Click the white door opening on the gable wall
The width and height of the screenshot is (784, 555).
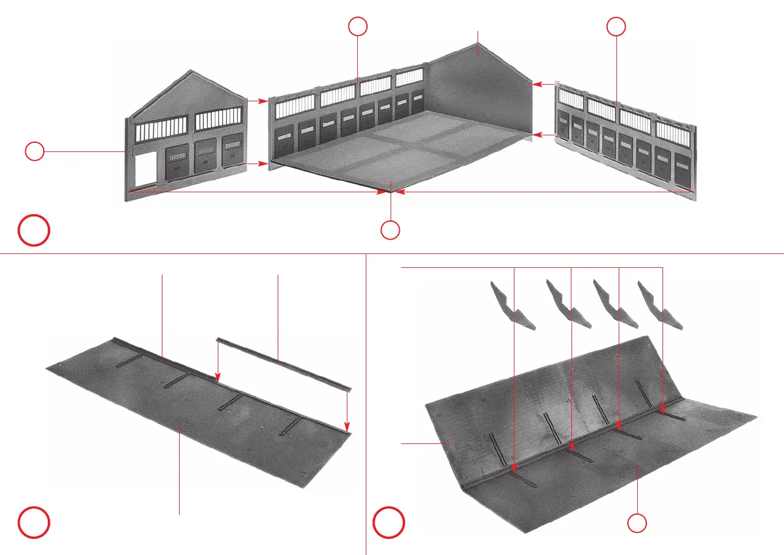tap(145, 169)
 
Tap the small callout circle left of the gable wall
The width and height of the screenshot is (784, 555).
tap(35, 151)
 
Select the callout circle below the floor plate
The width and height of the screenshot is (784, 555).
tap(390, 230)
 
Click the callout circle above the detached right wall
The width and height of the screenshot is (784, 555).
tap(616, 26)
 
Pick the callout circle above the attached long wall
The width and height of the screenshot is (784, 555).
tap(358, 26)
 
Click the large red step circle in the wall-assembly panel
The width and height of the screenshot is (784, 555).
tap(34, 230)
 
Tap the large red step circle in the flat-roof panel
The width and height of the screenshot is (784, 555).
tap(34, 522)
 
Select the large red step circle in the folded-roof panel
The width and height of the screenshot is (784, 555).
tap(389, 522)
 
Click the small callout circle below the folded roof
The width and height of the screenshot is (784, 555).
tap(637, 523)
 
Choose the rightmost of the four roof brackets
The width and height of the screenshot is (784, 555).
tap(660, 305)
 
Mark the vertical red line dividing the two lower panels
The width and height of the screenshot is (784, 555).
tap(366, 403)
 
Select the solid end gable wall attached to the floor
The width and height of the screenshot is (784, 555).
tap(481, 92)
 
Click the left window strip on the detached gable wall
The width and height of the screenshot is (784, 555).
tap(161, 129)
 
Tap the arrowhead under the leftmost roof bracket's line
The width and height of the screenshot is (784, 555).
tap(514, 469)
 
